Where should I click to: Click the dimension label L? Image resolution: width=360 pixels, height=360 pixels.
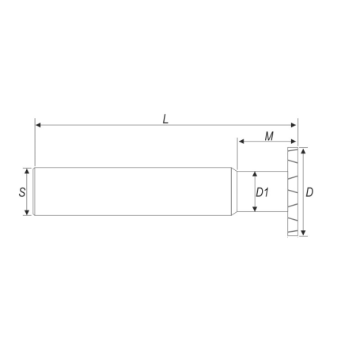tap(165, 119)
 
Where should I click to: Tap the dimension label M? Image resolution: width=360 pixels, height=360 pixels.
tap(269, 136)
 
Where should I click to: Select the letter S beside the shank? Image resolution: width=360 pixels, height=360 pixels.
tap(21, 191)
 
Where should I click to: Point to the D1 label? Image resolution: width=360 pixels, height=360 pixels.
tap(263, 192)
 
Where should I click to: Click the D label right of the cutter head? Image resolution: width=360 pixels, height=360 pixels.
tap(310, 192)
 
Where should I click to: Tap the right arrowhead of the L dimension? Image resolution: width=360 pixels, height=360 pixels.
tap(294, 125)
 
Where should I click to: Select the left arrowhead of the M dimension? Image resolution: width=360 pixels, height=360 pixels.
tap(241, 142)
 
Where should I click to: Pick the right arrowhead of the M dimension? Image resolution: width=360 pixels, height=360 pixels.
tap(294, 142)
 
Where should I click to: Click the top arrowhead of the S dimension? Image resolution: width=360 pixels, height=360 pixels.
tap(29, 169)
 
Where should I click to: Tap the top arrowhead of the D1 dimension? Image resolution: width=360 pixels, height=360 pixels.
tap(254, 174)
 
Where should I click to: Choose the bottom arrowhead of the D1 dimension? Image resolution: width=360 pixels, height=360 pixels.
tap(254, 209)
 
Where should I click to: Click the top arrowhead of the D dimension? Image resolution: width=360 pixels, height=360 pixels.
tap(303, 150)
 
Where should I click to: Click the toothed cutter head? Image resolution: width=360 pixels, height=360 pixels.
tap(294, 191)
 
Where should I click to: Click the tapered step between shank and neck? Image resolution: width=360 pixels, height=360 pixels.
tap(235, 191)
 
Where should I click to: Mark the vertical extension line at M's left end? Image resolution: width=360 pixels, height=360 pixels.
tap(238, 154)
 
